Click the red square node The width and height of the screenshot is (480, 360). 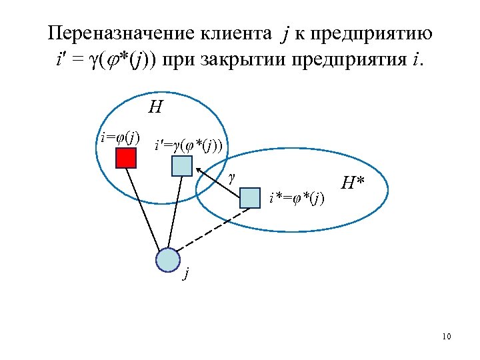125,158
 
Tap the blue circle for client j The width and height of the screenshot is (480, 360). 168,260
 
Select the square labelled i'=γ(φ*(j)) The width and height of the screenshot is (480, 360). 181,165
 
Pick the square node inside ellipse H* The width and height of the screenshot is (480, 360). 249,198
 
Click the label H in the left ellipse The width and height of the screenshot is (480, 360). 156,107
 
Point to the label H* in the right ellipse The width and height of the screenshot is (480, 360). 353,182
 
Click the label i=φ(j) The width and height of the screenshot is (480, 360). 119,138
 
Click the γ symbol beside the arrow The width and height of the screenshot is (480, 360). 231,178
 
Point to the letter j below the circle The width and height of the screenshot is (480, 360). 187,275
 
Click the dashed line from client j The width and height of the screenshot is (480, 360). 212,227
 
